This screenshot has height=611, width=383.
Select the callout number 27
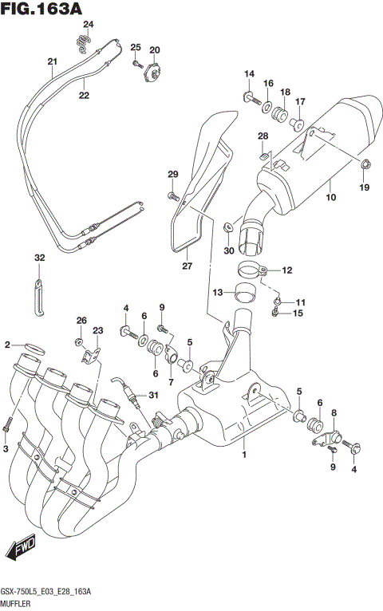point(187,266)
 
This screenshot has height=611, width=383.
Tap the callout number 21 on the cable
point(53,63)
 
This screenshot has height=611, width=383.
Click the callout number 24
point(89,24)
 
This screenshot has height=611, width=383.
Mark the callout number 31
point(153,396)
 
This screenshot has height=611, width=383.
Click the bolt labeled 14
point(248,97)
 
